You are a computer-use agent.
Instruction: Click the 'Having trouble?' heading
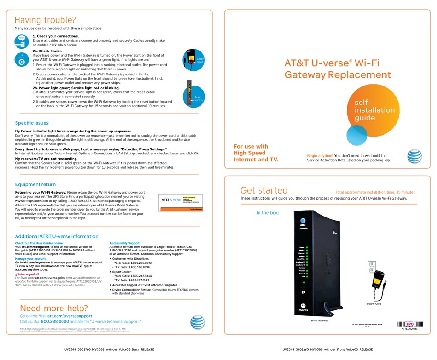45,20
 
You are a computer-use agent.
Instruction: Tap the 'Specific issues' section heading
32,123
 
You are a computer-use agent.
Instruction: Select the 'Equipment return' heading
35,184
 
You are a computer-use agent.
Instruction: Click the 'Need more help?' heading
54,308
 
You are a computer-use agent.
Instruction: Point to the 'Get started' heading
264,190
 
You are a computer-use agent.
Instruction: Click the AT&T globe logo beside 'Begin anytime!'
414,156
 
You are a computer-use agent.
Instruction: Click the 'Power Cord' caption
374,304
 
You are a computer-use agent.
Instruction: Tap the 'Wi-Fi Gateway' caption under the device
319,320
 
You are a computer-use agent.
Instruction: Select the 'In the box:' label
268,213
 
